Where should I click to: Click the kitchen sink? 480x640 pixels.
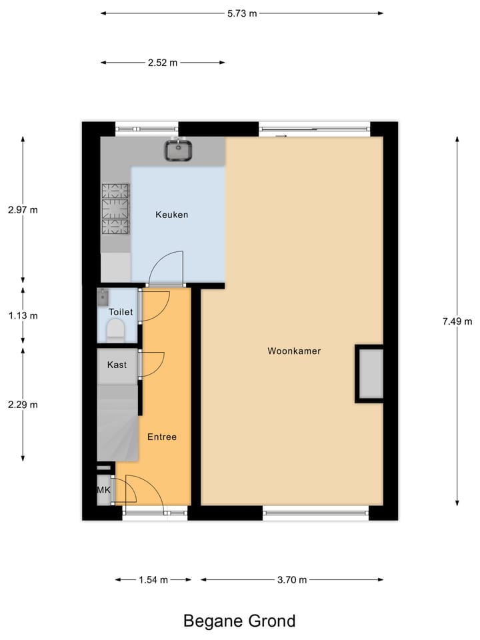(x=179, y=151)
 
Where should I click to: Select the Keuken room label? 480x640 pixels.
(x=171, y=215)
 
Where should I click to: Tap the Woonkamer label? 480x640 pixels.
(x=294, y=351)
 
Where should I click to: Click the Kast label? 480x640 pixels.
(x=117, y=365)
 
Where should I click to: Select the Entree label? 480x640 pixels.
(x=162, y=437)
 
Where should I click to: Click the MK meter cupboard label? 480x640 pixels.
(x=103, y=491)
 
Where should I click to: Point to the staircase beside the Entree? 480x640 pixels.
(x=117, y=424)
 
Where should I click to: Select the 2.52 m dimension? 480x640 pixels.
(x=163, y=63)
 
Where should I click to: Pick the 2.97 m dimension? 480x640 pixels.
(x=23, y=210)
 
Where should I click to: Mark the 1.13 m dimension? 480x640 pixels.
(x=23, y=316)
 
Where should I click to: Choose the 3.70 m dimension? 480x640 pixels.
(x=292, y=580)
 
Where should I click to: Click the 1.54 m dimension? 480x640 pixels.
(x=153, y=580)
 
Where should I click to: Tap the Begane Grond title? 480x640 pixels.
(x=239, y=621)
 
